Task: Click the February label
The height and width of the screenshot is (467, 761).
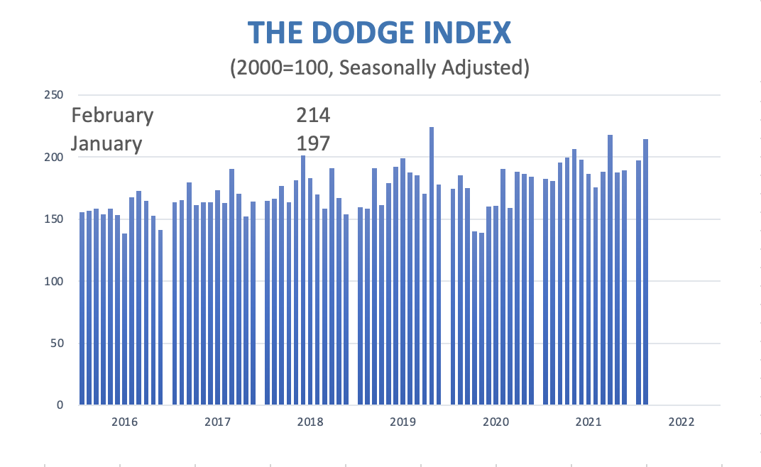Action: point(112,115)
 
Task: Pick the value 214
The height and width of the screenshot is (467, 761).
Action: point(313,115)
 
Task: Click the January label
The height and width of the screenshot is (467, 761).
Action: point(106,143)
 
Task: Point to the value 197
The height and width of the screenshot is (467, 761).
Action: point(313,143)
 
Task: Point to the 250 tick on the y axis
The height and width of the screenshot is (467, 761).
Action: point(53,95)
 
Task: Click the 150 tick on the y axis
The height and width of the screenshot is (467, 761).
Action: point(53,219)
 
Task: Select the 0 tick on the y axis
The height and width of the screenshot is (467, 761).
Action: point(60,405)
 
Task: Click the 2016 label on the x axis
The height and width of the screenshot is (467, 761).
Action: point(125,422)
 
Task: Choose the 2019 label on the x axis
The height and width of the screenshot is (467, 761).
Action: point(403,422)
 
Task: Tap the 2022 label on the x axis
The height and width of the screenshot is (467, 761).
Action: point(681,422)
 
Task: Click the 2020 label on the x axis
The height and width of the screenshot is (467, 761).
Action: point(496,422)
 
